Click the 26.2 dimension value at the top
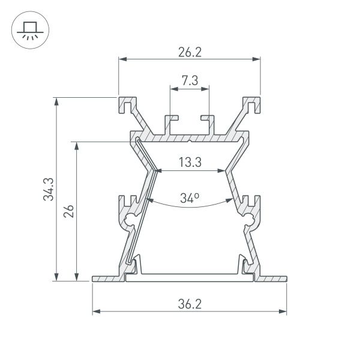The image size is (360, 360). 190,52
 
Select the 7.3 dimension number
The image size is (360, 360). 190,81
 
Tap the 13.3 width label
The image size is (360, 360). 190,162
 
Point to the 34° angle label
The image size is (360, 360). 190,197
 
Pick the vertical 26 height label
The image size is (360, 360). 69,211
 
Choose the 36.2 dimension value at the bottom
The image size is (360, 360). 190,304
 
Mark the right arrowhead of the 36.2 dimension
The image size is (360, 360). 283,311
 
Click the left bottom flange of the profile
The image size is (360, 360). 108,278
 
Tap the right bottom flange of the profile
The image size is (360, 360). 271,278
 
